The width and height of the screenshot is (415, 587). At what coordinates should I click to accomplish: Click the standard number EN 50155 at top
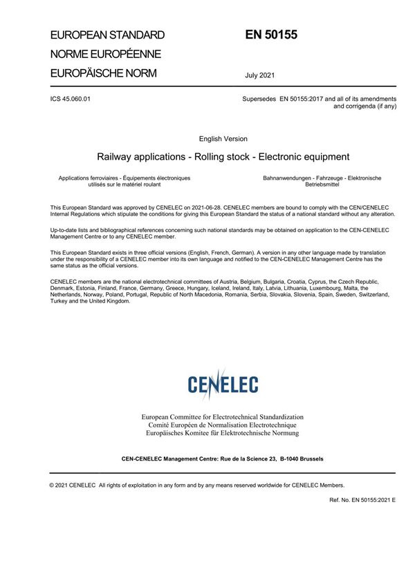pyautogui.click(x=270, y=35)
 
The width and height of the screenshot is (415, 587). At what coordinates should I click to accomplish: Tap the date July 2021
pyautogui.click(x=259, y=75)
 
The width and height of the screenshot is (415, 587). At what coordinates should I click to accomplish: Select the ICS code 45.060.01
pyautogui.click(x=71, y=99)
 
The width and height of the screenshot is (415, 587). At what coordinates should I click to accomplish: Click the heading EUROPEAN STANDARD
pyautogui.click(x=107, y=35)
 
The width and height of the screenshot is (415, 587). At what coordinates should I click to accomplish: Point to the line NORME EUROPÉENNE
pyautogui.click(x=106, y=54)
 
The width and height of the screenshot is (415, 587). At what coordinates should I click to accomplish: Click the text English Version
pyautogui.click(x=223, y=139)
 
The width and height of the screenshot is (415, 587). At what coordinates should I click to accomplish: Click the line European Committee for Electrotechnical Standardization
pyautogui.click(x=222, y=418)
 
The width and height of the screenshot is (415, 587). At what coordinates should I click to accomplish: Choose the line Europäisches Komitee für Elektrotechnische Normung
pyautogui.click(x=222, y=433)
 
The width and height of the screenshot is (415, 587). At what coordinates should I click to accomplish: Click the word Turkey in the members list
pyautogui.click(x=60, y=301)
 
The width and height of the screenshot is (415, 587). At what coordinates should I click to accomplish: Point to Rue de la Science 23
pyautogui.click(x=239, y=459)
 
